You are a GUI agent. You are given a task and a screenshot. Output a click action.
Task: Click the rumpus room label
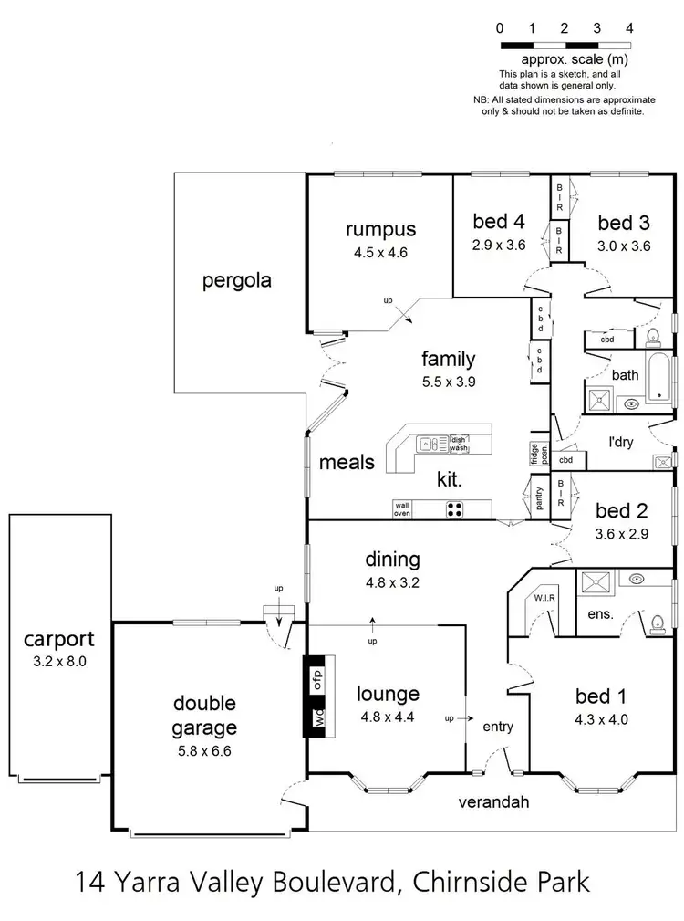coord(380,229)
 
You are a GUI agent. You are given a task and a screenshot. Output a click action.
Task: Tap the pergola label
coord(236,281)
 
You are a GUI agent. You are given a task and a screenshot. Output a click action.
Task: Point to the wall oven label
coord(401,508)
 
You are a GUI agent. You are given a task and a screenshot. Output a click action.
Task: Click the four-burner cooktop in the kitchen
coord(453,510)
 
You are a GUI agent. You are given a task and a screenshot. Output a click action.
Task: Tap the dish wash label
coord(459,444)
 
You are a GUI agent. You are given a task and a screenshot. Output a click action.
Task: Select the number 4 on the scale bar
coord(629,28)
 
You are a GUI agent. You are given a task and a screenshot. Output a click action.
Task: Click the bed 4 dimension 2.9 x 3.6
coord(499,244)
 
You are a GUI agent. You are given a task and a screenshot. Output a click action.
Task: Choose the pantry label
coord(539,497)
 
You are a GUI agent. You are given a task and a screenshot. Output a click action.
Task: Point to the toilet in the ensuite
coord(657,623)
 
